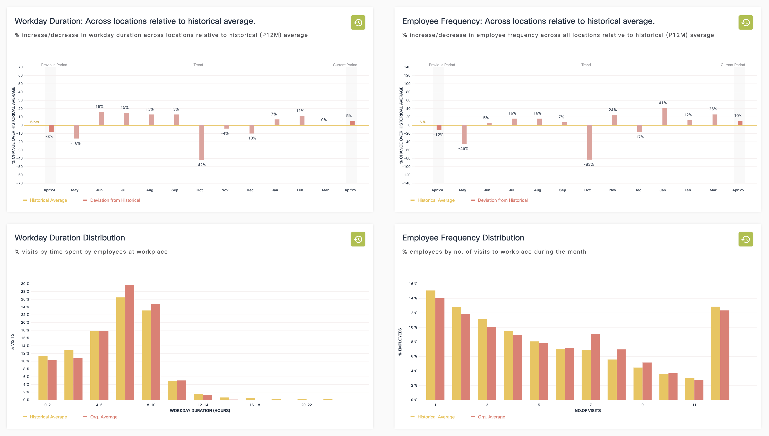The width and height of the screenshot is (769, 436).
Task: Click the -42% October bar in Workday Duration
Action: (x=202, y=143)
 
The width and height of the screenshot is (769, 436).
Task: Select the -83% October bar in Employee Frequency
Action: (x=589, y=142)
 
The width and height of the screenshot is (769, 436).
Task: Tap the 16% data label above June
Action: (x=99, y=107)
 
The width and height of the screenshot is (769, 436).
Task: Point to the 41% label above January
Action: (x=663, y=103)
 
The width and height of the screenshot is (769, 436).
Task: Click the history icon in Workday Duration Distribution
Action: (x=358, y=239)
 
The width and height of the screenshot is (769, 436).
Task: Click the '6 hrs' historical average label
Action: (x=34, y=122)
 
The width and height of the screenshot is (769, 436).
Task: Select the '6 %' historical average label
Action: (x=422, y=122)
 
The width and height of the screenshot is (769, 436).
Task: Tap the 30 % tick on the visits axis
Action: (x=25, y=284)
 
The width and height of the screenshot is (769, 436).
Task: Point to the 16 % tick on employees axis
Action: (x=413, y=284)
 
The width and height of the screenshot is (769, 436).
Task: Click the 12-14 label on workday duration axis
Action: (x=203, y=405)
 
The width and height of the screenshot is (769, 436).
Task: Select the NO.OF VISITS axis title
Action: (x=588, y=411)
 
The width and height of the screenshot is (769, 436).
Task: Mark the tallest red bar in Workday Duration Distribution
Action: (x=130, y=342)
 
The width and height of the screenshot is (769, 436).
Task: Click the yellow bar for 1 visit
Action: (x=431, y=345)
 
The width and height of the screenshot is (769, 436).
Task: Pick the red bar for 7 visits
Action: (x=595, y=367)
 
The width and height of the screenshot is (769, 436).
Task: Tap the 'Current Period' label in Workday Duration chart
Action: (x=345, y=65)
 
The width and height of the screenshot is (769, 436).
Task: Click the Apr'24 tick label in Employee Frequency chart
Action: (x=437, y=190)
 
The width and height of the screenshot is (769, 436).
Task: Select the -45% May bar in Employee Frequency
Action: (x=464, y=134)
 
